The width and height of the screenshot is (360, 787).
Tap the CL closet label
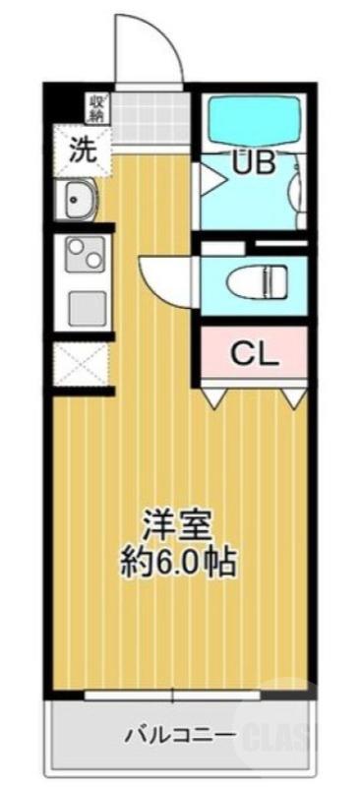(x=255, y=352)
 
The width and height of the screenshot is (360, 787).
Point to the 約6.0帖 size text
(x=177, y=561)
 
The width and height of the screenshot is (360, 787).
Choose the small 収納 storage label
(x=99, y=104)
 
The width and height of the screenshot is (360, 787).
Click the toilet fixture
(x=258, y=282)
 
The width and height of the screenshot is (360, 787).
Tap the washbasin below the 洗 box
(x=78, y=203)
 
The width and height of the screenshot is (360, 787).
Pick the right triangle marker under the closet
(x=292, y=396)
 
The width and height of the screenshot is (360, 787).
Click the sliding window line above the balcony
(x=178, y=696)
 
